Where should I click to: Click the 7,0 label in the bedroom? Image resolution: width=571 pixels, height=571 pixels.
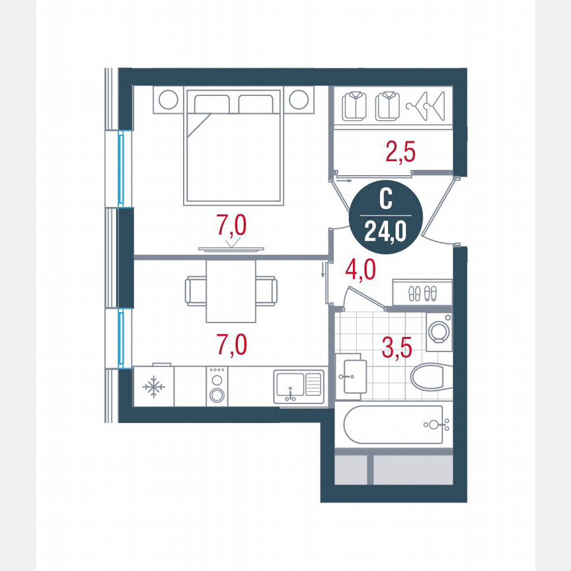click(231, 226)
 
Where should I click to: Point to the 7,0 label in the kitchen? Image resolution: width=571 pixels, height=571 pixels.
click(231, 344)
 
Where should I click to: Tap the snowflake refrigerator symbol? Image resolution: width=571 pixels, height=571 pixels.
click(154, 387)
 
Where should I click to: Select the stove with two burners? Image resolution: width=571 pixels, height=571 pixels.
click(216, 387)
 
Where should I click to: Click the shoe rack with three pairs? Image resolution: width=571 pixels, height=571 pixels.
click(422, 291)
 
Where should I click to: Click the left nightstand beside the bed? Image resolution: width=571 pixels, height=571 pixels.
click(169, 100)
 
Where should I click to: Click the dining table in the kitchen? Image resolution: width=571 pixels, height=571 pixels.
click(231, 290)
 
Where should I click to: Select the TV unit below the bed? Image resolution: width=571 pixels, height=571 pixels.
click(231, 249)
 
